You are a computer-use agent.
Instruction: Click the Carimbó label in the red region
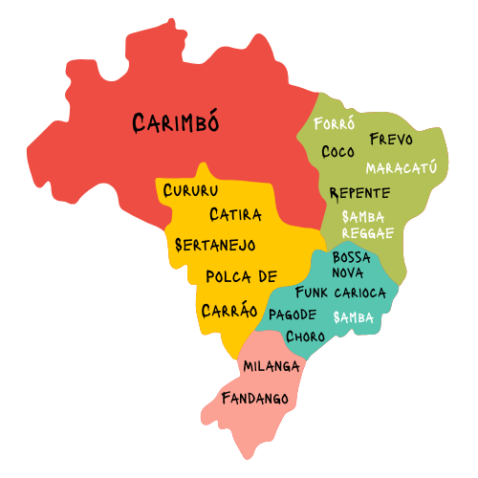(176, 122)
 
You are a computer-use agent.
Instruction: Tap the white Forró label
(334, 124)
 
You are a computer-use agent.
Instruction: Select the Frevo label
(390, 140)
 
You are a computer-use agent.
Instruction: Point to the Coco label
(337, 152)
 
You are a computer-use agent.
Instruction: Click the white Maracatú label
(401, 168)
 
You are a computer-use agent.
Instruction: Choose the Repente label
(358, 193)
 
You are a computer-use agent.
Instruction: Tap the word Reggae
(368, 232)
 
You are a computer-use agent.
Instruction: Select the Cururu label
(191, 190)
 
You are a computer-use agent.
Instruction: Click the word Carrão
(229, 310)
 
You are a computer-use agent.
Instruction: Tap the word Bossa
(351, 258)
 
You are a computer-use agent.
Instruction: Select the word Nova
(348, 272)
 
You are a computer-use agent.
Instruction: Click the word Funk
(312, 292)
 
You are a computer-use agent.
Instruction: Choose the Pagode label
(293, 315)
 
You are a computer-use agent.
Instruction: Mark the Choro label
(305, 337)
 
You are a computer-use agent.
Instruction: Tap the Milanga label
(272, 366)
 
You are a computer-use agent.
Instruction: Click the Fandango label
(254, 398)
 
